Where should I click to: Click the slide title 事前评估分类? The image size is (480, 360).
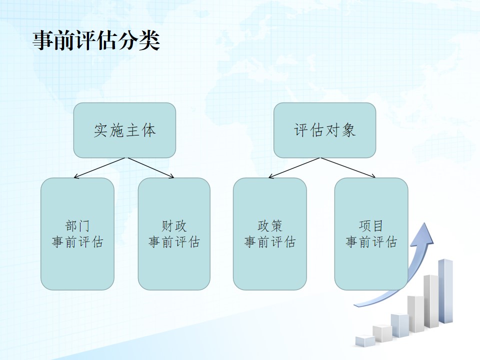tap(96, 40)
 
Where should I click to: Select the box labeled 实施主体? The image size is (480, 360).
tap(124, 130)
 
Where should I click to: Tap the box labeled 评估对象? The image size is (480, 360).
tap(324, 130)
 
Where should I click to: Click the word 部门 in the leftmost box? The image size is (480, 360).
tap(77, 226)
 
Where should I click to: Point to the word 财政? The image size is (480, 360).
tap(174, 226)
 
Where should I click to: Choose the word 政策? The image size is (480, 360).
tap(269, 226)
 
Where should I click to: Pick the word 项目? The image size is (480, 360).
tap(371, 226)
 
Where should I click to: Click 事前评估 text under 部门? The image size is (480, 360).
tap(77, 241)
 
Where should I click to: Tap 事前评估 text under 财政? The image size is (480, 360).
tap(174, 241)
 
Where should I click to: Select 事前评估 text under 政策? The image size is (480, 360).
tap(269, 241)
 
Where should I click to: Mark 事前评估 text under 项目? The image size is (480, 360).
tap(371, 241)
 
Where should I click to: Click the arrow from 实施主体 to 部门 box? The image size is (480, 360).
tap(99, 168)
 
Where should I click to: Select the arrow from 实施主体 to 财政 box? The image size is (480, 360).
tap(150, 168)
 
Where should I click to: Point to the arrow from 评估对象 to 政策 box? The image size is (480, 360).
tap(294, 168)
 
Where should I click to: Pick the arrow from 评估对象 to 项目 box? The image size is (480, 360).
tap(348, 168)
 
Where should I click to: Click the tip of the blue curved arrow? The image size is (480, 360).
tap(425, 223)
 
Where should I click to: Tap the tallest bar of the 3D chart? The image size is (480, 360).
tap(445, 291)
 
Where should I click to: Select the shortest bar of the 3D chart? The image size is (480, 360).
tap(365, 341)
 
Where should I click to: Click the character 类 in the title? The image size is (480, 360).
tap(149, 40)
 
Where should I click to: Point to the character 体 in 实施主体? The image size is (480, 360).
tap(149, 130)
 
